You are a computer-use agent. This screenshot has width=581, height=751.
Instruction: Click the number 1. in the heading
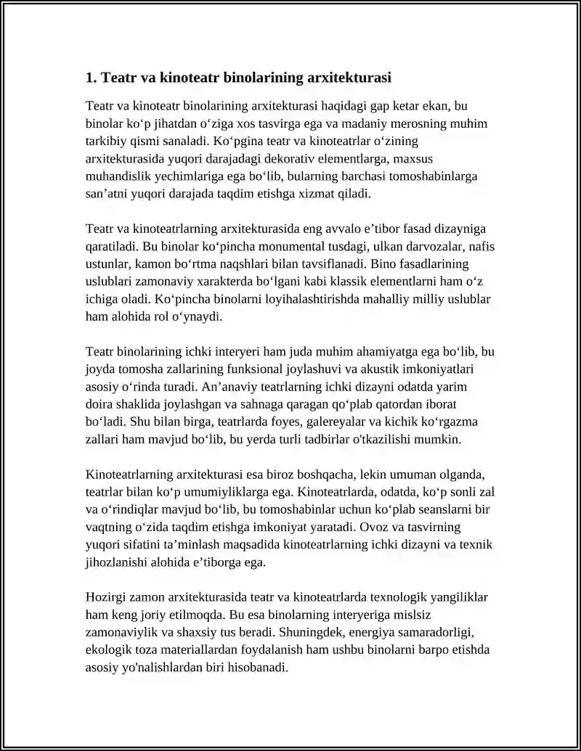91,76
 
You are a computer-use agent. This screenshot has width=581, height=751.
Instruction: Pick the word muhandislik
119,176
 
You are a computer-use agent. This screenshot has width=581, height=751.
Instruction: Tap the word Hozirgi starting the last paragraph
105,597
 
